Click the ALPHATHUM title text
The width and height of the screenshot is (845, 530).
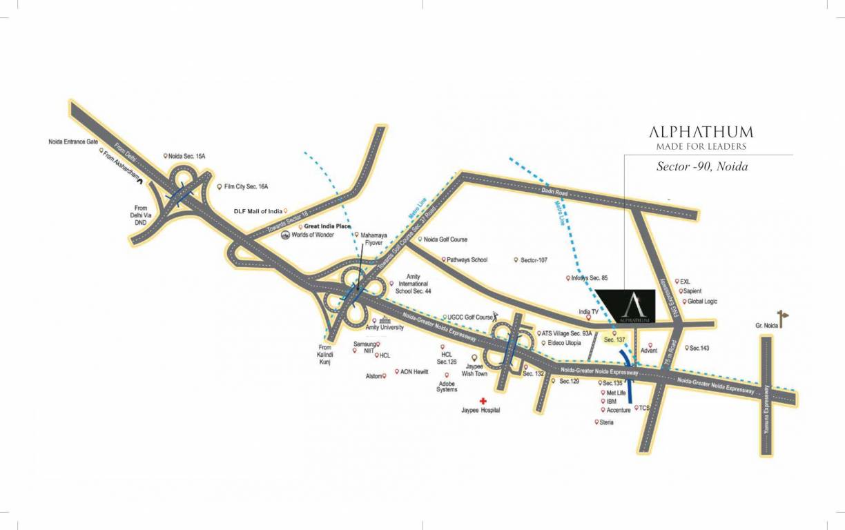(701, 132)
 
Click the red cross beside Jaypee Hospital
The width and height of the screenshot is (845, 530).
(483, 400)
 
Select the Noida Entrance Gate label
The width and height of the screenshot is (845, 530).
(73, 141)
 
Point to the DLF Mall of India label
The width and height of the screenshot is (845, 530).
(258, 211)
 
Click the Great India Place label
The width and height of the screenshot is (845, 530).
(327, 226)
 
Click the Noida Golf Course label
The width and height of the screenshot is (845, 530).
(445, 239)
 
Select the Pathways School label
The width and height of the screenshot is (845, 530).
(467, 260)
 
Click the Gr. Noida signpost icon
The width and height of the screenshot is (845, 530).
(782, 318)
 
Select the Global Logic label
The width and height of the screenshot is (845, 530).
(702, 302)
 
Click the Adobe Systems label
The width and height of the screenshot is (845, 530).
(447, 386)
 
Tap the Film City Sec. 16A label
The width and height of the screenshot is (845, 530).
(246, 186)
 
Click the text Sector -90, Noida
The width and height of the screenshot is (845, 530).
(702, 167)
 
